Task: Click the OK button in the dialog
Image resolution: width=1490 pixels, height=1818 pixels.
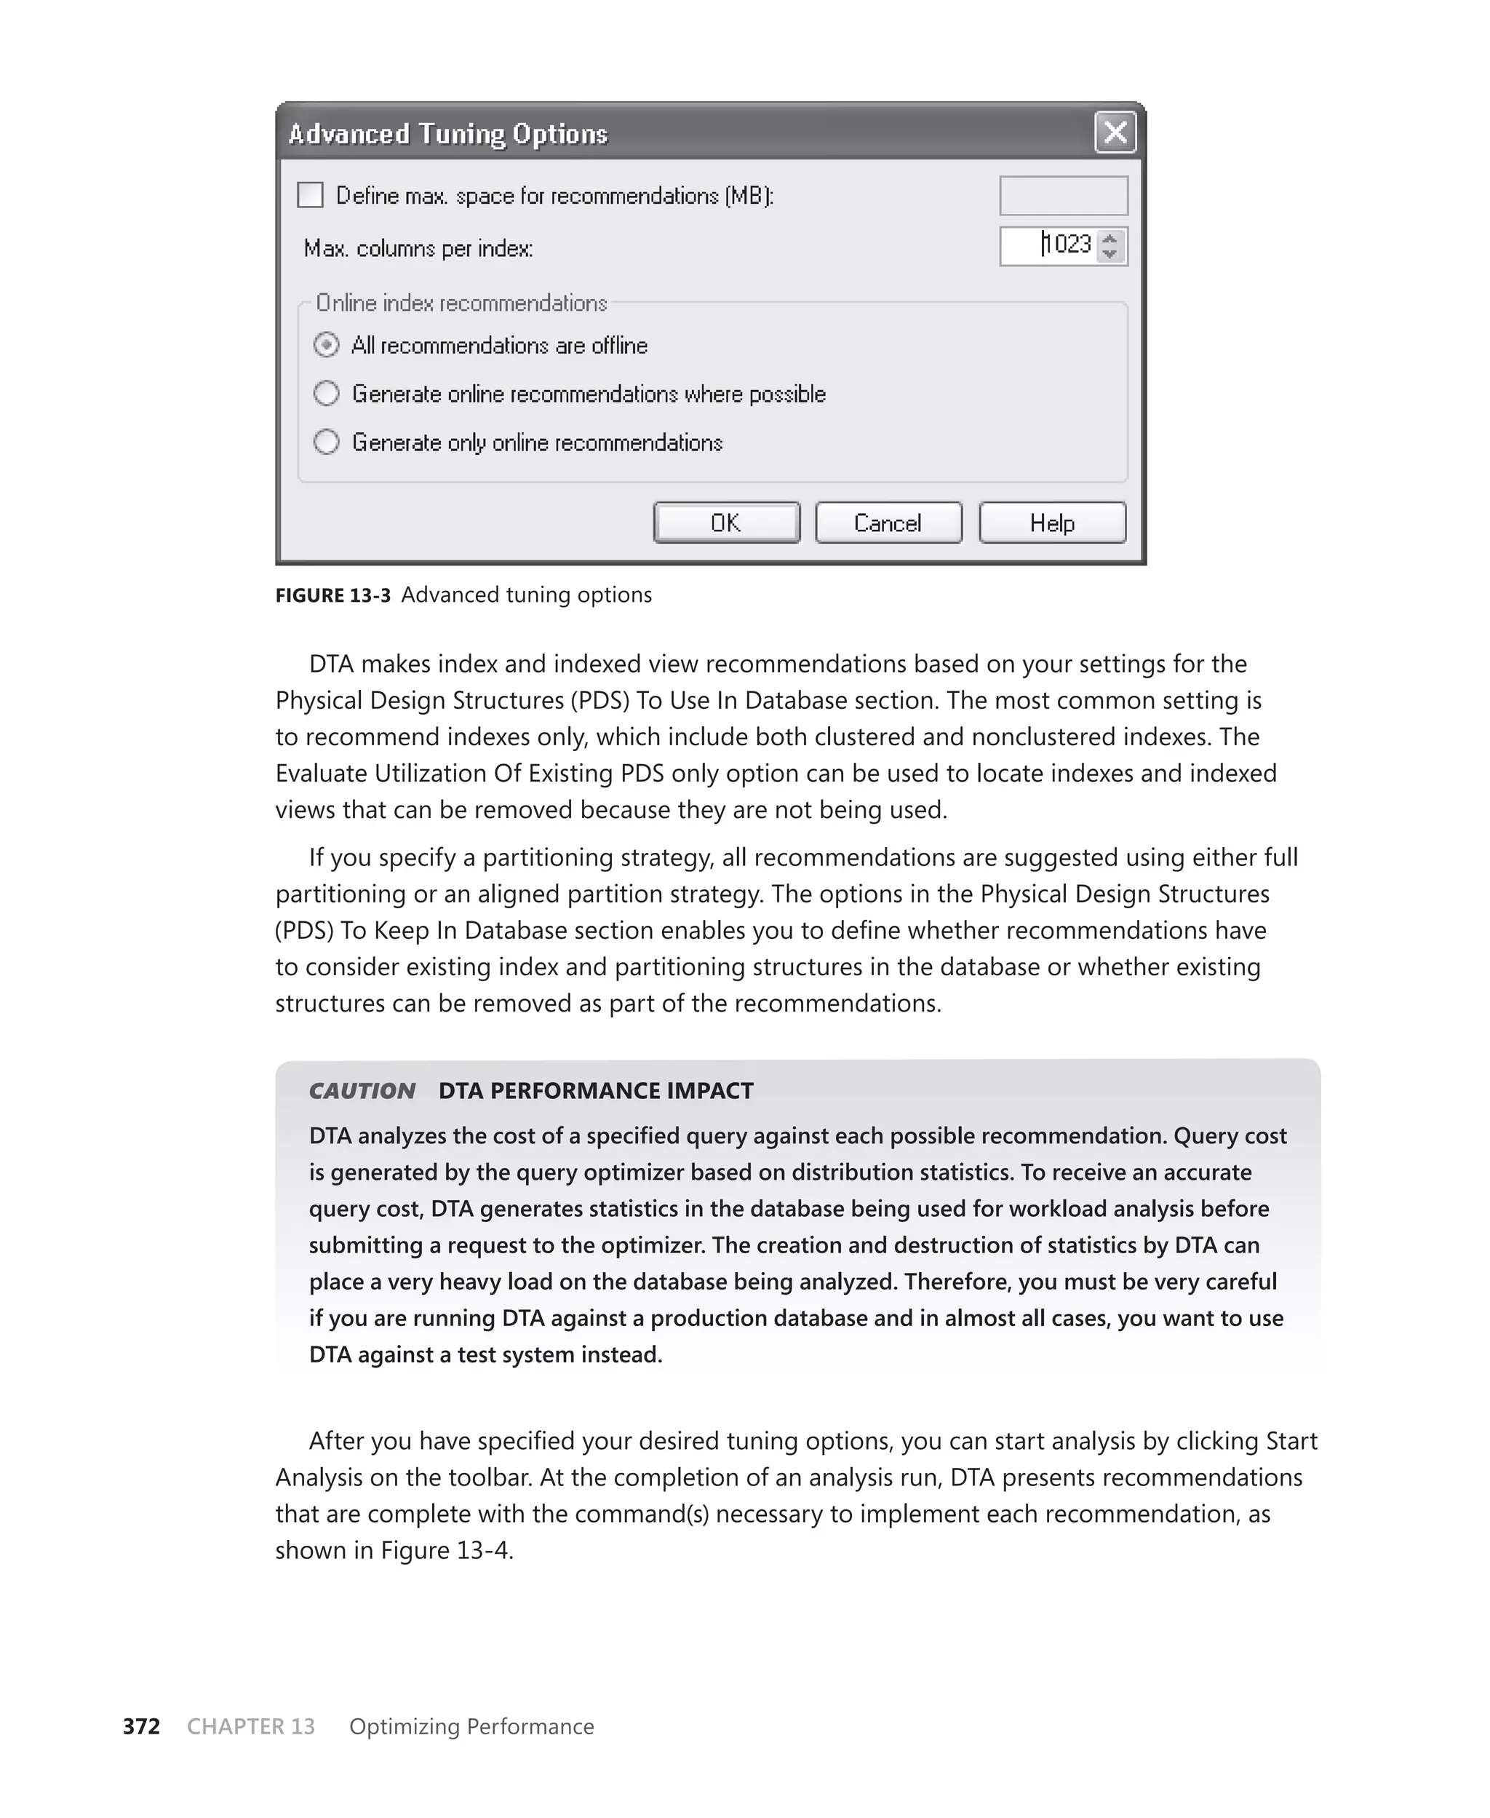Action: pos(726,523)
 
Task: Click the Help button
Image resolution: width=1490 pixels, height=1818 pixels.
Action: pos(1051,523)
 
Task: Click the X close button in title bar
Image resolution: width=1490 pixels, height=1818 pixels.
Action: pos(1115,133)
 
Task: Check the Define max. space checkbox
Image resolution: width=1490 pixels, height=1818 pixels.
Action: pos(310,196)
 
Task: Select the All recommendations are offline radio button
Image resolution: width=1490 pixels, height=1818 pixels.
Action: pos(326,345)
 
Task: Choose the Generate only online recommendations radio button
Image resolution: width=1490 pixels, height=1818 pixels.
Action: pos(326,442)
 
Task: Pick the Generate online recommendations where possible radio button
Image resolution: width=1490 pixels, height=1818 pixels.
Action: pos(326,394)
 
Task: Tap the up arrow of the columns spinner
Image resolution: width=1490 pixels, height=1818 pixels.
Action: pos(1109,239)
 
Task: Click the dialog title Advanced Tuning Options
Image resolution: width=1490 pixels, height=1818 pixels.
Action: pos(447,135)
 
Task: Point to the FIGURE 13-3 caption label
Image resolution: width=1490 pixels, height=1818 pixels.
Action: pos(332,595)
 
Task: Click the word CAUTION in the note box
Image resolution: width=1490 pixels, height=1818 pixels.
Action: pos(362,1091)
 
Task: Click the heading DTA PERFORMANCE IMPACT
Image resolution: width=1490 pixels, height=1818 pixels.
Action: pos(595,1091)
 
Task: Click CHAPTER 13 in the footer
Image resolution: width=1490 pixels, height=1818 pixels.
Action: pos(250,1726)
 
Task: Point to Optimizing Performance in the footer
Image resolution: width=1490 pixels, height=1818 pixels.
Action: pos(471,1726)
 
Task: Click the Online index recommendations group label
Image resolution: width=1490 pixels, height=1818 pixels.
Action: pos(461,303)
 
